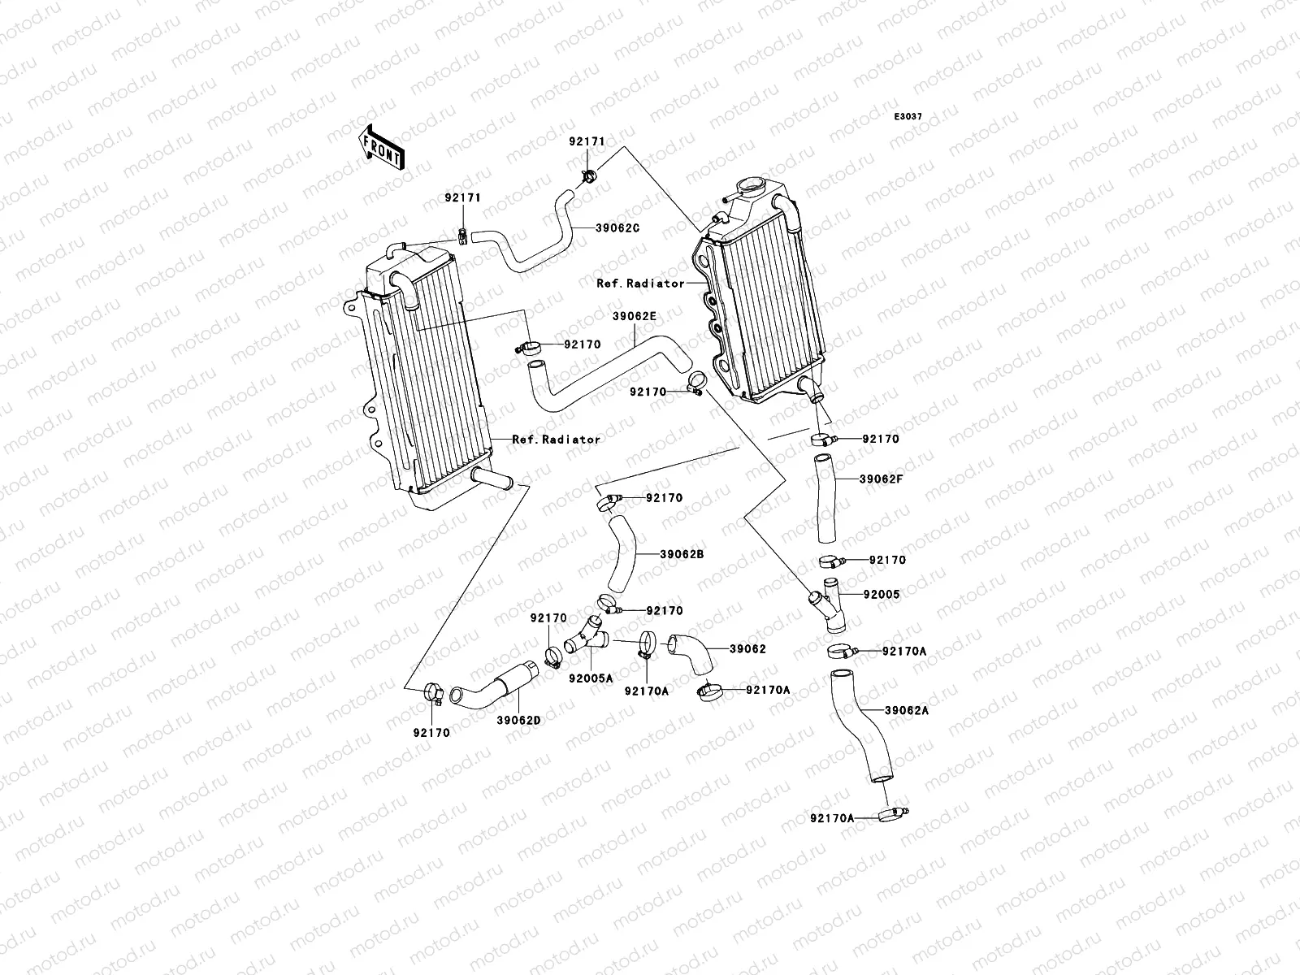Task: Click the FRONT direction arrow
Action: (x=381, y=147)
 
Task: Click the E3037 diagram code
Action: (x=908, y=117)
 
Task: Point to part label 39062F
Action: (x=881, y=479)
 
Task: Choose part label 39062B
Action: (x=681, y=553)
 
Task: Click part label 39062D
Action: (x=518, y=720)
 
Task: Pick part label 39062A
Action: (x=906, y=709)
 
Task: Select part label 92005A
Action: (x=590, y=678)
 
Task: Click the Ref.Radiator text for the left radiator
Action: (x=556, y=439)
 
